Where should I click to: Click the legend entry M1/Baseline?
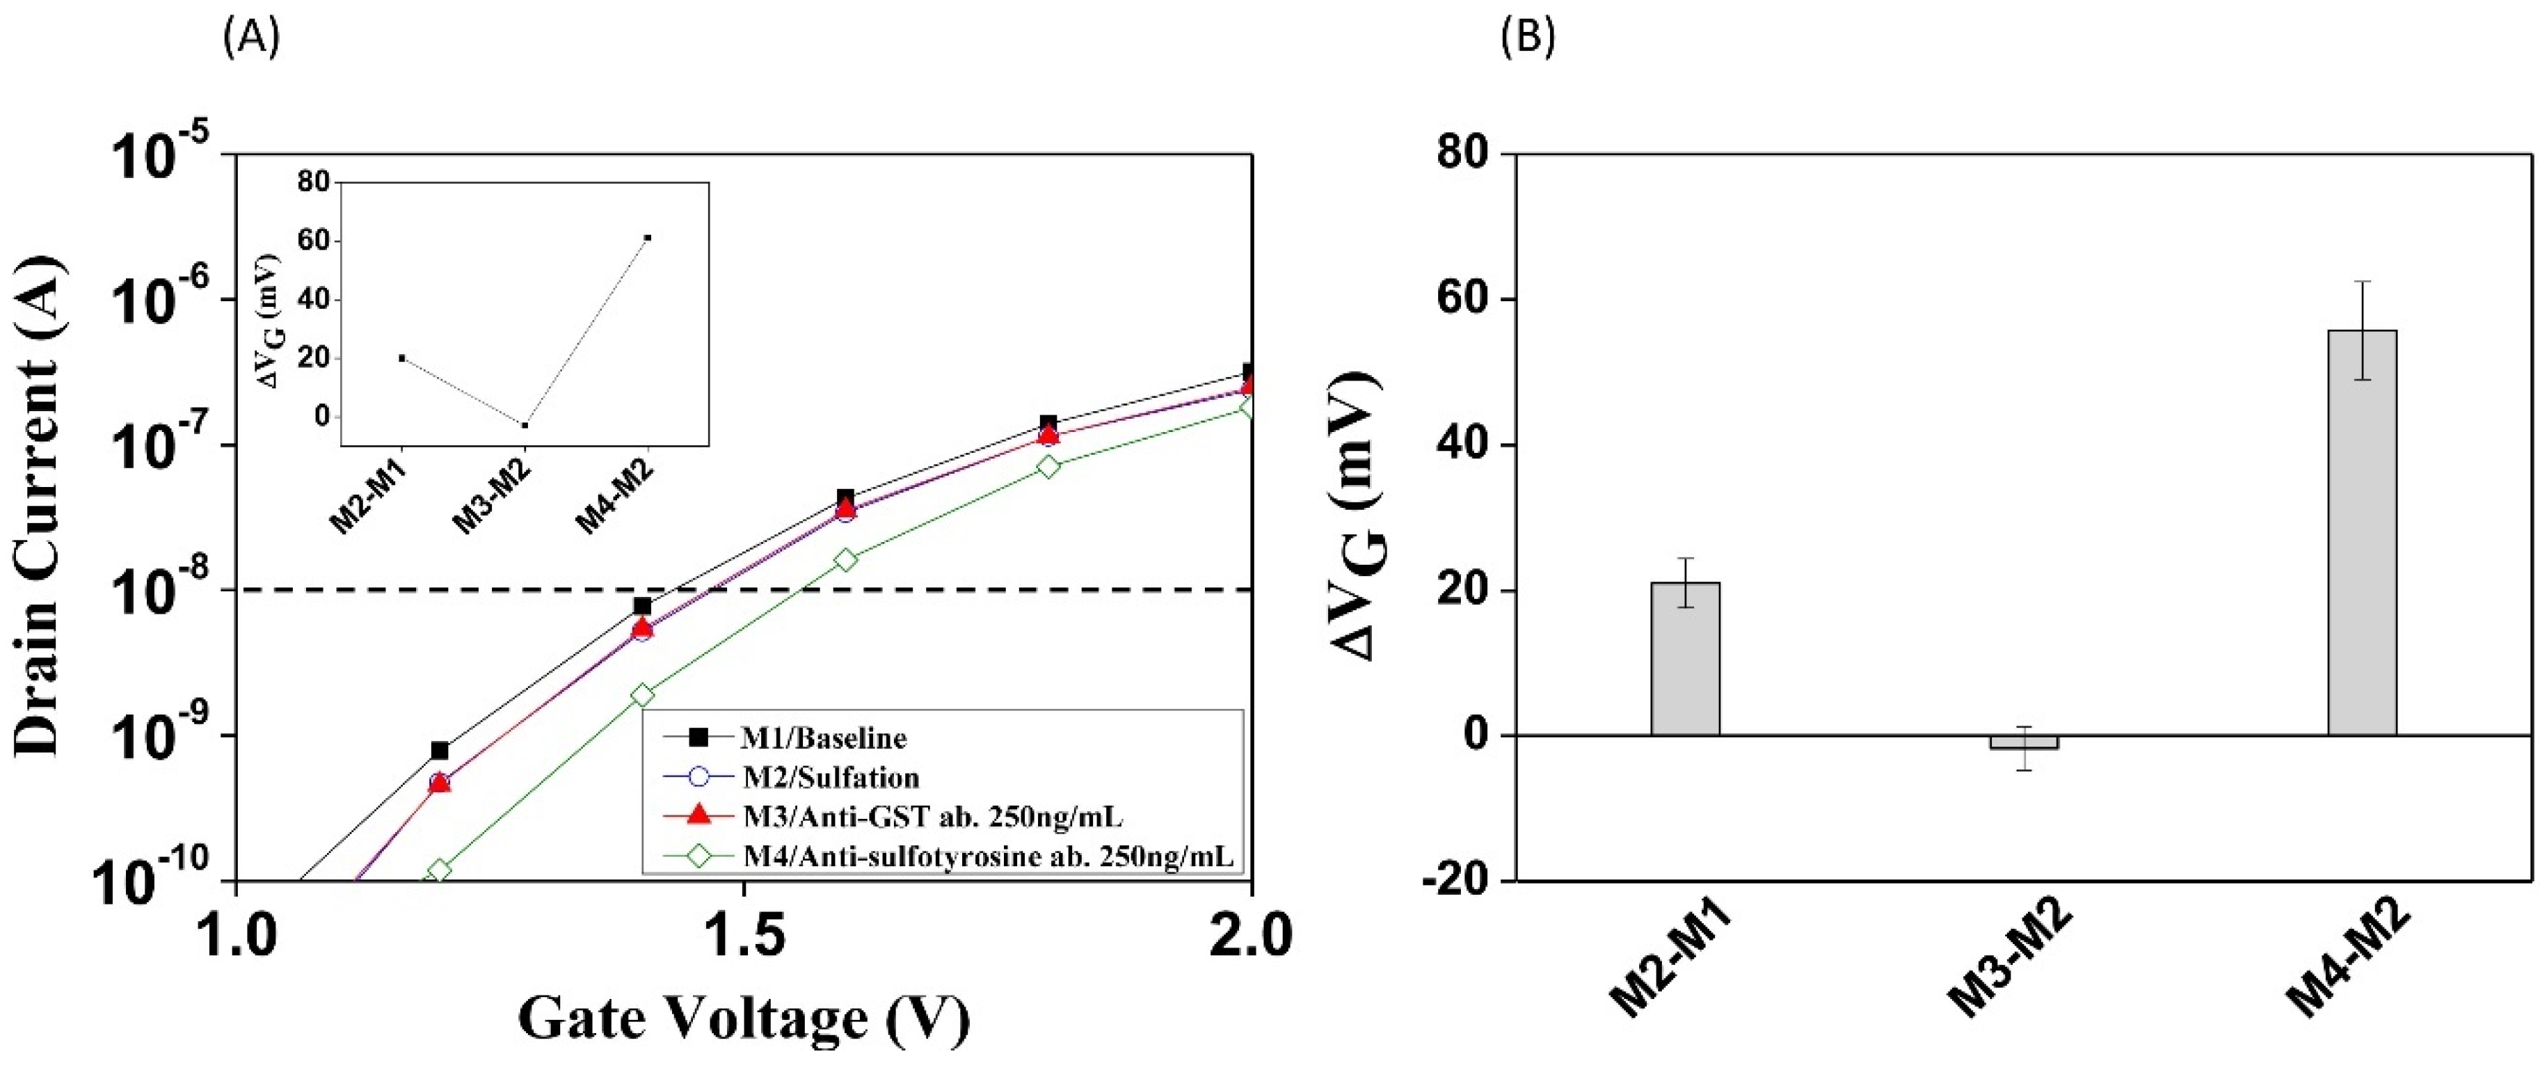pyautogui.click(x=822, y=737)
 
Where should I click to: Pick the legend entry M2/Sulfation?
pyautogui.click(x=829, y=777)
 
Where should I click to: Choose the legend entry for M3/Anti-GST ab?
pyautogui.click(x=931, y=817)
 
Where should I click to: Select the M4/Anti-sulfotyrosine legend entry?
pyautogui.click(x=986, y=856)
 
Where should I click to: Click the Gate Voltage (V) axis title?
pyautogui.click(x=744, y=1019)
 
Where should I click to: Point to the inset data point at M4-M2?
pyautogui.click(x=648, y=238)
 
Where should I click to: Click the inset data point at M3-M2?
pyautogui.click(x=525, y=425)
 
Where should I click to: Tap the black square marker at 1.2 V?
pyautogui.click(x=440, y=751)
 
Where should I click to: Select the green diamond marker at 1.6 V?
pyautogui.click(x=846, y=559)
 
